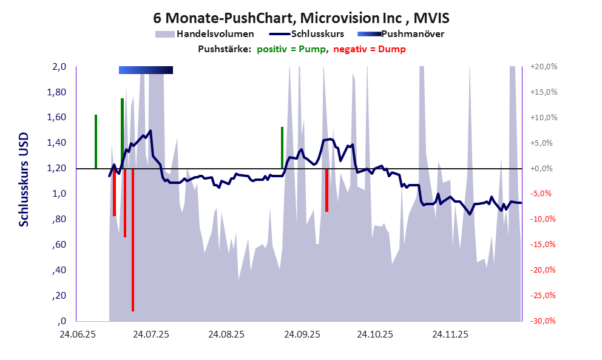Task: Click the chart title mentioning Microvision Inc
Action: point(301,19)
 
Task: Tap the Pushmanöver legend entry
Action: point(401,34)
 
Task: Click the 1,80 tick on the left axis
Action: point(57,92)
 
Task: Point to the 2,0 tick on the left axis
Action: point(59,67)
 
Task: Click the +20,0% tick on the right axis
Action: point(544,67)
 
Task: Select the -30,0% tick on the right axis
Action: point(544,321)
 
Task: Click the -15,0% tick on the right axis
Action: point(544,245)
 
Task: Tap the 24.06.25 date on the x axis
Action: point(77,335)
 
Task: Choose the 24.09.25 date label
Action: point(302,335)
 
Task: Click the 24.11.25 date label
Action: point(450,335)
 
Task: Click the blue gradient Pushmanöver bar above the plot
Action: point(146,70)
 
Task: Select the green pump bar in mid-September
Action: point(282,148)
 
